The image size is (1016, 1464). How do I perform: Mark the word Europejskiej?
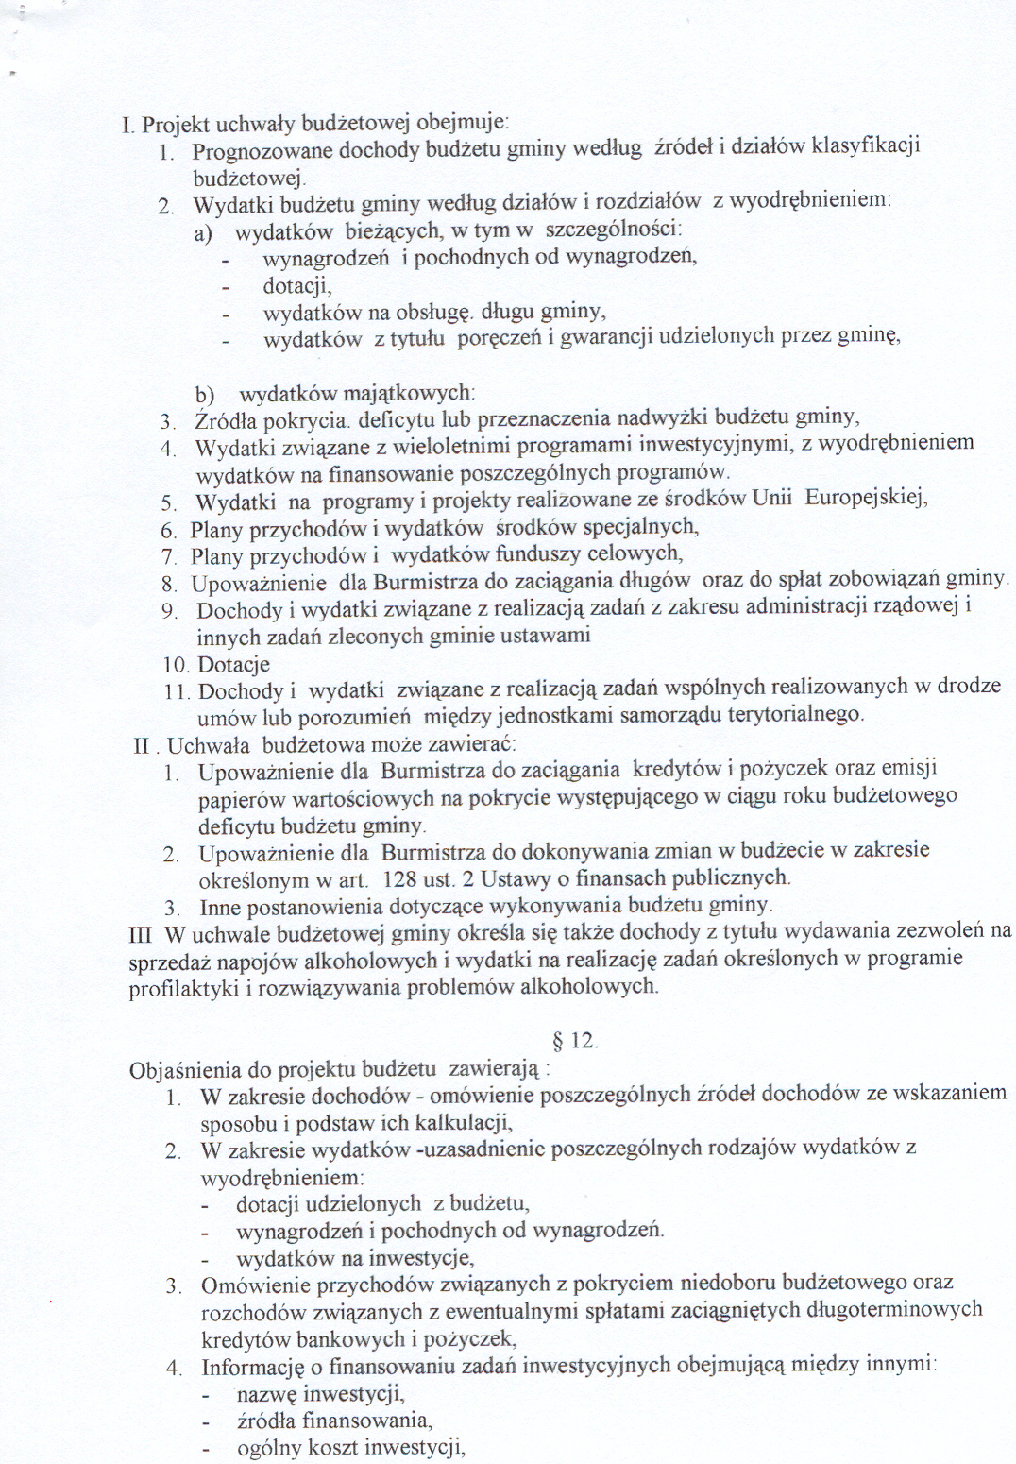click(x=865, y=498)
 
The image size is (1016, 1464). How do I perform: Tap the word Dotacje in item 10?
click(x=233, y=665)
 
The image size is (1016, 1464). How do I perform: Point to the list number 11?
click(x=176, y=692)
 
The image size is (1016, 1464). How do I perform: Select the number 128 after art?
click(x=399, y=879)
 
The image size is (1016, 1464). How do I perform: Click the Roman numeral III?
click(x=140, y=935)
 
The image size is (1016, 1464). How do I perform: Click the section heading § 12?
click(x=574, y=1041)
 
